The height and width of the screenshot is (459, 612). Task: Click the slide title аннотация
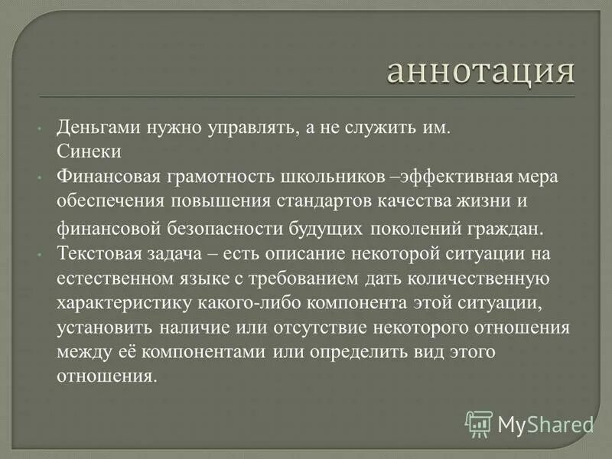480,73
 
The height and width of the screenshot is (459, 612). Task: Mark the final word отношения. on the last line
106,376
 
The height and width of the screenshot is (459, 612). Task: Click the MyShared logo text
545,422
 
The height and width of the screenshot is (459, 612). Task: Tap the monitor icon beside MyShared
479,422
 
